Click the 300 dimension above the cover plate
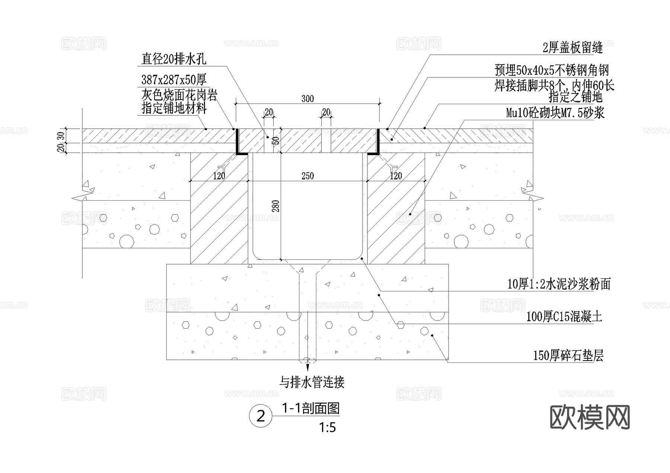(307, 99)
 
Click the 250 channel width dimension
(307, 176)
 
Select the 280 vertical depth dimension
(276, 206)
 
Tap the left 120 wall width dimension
(219, 176)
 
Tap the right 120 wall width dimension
(396, 176)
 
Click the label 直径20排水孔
(173, 59)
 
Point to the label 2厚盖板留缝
(572, 48)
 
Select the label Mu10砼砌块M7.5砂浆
(555, 112)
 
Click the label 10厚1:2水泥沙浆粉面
(559, 284)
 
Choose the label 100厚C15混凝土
(564, 317)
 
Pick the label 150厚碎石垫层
(568, 356)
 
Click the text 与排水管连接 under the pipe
(312, 382)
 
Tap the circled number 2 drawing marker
(261, 416)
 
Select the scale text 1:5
(327, 428)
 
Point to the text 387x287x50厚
(174, 79)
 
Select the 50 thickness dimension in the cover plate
(276, 141)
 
